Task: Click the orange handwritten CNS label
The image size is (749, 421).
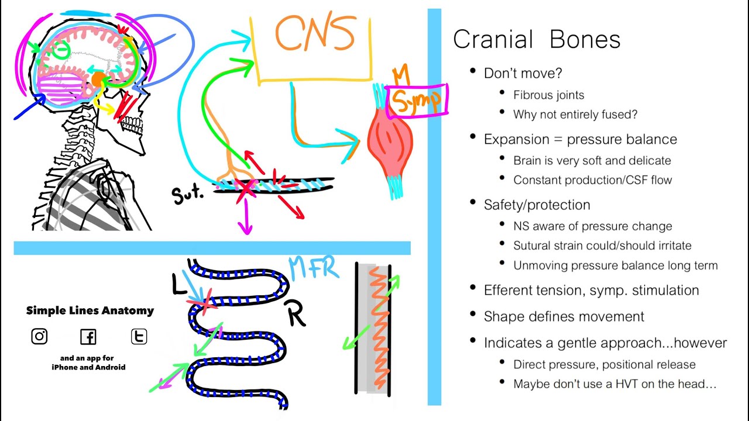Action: [x=315, y=33]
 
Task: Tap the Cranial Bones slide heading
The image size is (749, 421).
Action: [x=536, y=40]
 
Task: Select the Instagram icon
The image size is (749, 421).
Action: [x=39, y=336]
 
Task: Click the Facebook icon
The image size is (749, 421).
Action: [x=88, y=337]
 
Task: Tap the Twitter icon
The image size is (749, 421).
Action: [x=139, y=336]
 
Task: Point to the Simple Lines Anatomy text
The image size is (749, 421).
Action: [x=90, y=310]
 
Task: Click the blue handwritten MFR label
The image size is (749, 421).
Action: [x=314, y=268]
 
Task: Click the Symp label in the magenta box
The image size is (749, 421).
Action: [x=417, y=100]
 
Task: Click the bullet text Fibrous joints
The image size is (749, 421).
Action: [x=548, y=95]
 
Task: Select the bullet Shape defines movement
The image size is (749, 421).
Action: [x=564, y=316]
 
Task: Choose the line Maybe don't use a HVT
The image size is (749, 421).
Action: [x=614, y=384]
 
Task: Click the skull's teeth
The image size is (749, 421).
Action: [x=131, y=125]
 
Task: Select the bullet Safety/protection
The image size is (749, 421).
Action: [x=537, y=205]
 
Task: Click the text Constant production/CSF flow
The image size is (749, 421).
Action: [x=592, y=180]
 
